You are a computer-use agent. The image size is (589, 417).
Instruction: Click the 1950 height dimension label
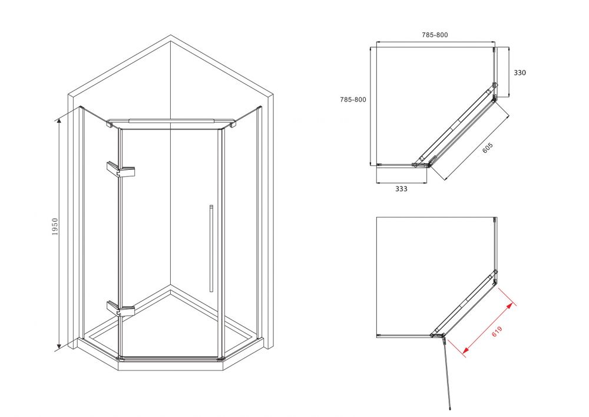click(55, 226)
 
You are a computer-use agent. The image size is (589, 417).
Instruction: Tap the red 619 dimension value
click(497, 331)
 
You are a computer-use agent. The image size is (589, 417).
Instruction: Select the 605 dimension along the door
click(487, 148)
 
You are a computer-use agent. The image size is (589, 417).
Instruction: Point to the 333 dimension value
click(401, 189)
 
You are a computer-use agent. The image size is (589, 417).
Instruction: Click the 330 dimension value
click(519, 73)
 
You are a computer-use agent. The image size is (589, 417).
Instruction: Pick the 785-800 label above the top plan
click(435, 35)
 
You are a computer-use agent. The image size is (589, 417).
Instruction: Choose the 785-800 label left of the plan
click(353, 100)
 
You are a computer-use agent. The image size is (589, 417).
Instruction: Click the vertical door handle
click(211, 248)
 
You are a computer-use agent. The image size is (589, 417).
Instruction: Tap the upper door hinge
click(121, 170)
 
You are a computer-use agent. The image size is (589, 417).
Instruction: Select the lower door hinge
click(121, 308)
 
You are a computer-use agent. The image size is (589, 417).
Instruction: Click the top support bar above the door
click(171, 122)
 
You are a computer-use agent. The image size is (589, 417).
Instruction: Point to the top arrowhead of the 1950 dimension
click(58, 120)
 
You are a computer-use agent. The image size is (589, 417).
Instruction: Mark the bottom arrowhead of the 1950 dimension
click(58, 347)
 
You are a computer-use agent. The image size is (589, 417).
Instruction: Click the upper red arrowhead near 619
click(511, 304)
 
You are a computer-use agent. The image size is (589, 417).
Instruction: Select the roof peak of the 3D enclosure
click(171, 36)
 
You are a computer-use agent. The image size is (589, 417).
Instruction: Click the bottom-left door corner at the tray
click(120, 357)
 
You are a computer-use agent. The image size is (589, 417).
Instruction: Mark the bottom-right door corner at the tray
click(221, 358)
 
